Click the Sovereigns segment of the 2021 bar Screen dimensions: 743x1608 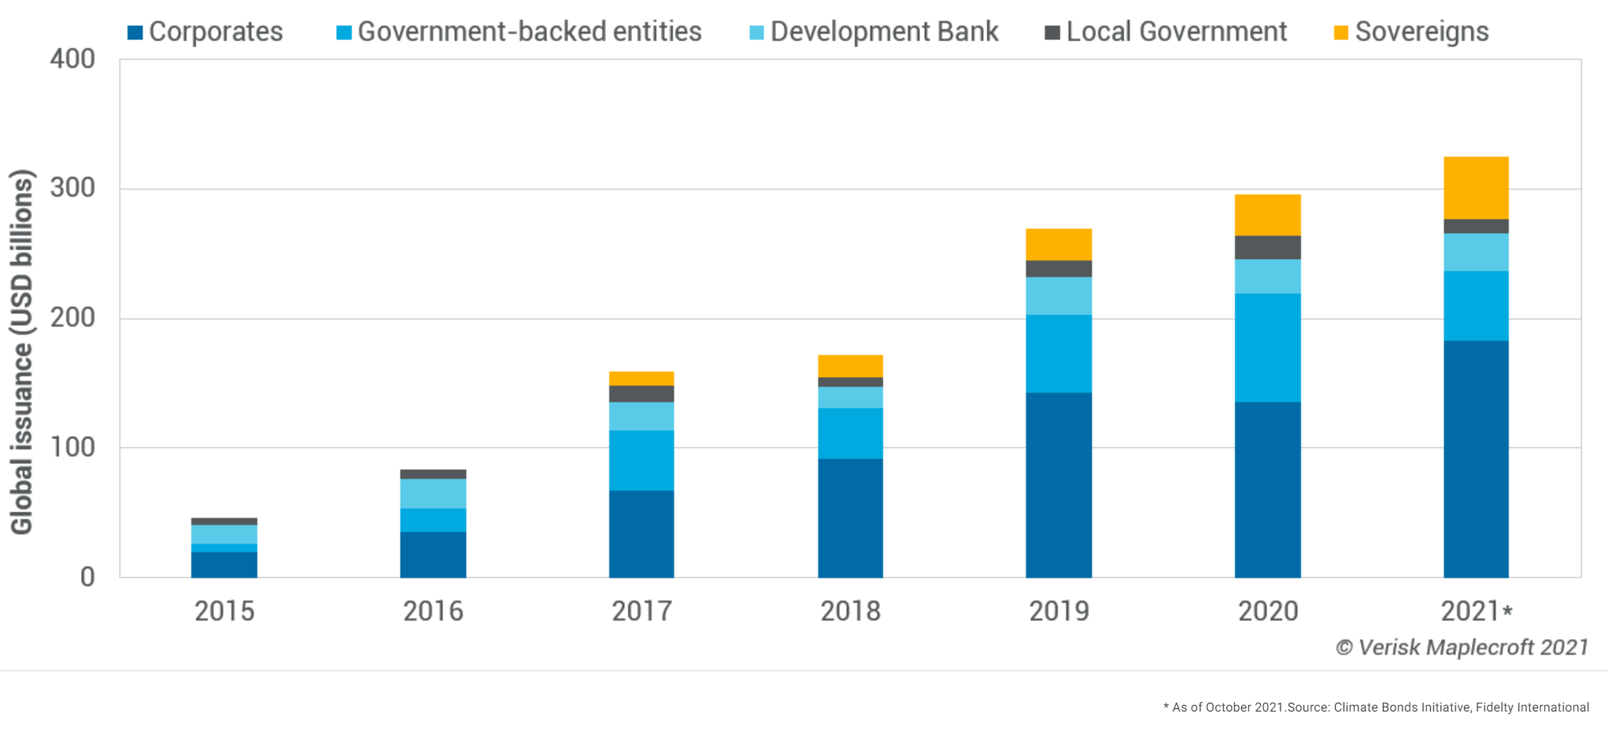pos(1476,187)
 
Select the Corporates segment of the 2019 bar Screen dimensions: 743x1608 pos(1059,484)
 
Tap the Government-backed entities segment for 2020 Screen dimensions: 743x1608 pos(1267,347)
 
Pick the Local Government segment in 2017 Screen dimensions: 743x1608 pos(641,394)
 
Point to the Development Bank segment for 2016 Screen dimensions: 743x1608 pos(433,493)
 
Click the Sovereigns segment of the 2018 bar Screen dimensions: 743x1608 pos(850,366)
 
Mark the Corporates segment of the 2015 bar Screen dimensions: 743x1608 pos(224,564)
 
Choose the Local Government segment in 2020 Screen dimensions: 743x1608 pos(1267,247)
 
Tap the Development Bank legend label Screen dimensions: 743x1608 pos(883,32)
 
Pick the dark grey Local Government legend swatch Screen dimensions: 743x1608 pos(1052,33)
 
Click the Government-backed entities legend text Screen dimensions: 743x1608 pos(529,32)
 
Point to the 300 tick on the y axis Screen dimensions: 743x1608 pos(72,188)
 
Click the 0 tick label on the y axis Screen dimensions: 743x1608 pos(87,577)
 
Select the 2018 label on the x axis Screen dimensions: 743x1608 pos(850,611)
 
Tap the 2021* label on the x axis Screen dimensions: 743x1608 pos(1476,611)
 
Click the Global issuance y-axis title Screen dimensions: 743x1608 pos(22,352)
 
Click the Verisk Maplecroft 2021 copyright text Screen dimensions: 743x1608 pos(1462,647)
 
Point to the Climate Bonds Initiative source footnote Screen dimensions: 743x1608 pos(1376,707)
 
